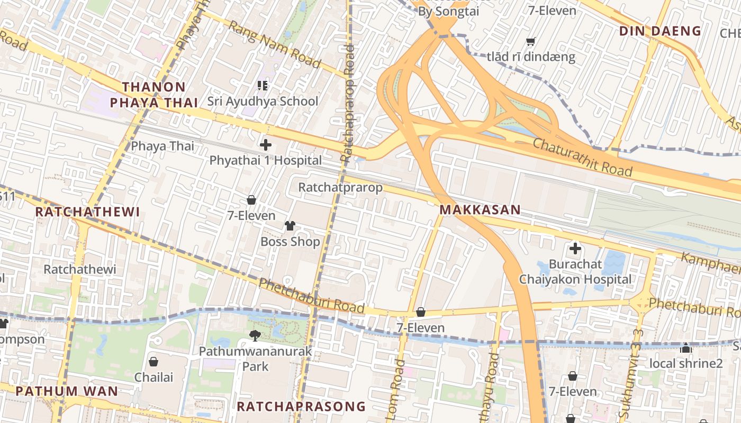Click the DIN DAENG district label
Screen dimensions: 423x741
660,31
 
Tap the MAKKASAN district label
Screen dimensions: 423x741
480,210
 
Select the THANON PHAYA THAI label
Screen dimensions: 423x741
153,95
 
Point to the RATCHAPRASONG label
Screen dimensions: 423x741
301,406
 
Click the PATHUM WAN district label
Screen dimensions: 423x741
67,391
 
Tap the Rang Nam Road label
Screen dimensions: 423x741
275,45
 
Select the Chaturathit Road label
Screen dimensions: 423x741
582,157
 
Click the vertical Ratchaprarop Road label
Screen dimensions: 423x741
348,103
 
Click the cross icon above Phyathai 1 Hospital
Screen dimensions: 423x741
266,144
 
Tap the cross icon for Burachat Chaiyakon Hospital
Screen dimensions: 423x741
575,248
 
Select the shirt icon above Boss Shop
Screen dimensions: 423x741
290,226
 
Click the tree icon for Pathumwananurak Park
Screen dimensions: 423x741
255,335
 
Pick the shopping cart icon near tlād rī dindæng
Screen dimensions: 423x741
530,41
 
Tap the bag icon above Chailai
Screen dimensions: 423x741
153,362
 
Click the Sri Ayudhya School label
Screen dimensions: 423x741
263,101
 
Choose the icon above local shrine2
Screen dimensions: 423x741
686,348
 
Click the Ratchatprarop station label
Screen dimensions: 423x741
340,187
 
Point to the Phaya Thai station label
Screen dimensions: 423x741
162,146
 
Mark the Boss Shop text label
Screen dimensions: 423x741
290,242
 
